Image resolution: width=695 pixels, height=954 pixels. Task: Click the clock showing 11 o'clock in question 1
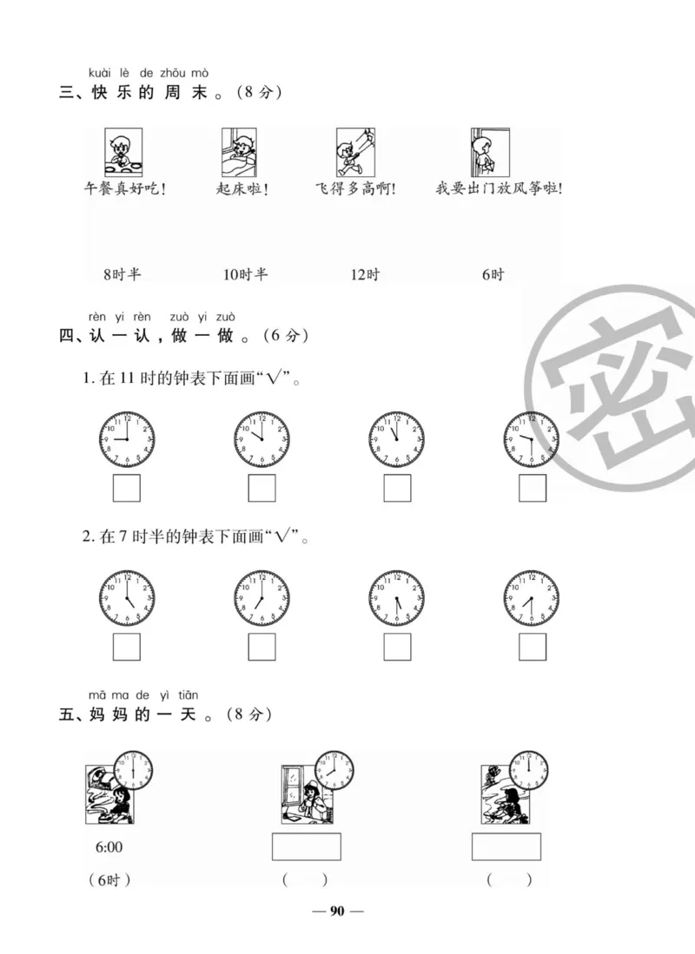click(397, 438)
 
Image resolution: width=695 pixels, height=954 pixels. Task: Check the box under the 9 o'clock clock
click(127, 488)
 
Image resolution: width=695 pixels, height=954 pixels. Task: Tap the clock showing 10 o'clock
click(261, 438)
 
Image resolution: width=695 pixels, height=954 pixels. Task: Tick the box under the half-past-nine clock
click(533, 488)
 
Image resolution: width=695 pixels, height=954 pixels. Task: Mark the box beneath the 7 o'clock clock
click(261, 647)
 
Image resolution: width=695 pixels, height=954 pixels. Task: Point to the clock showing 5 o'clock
click(127, 599)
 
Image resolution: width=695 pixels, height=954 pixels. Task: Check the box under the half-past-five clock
click(397, 647)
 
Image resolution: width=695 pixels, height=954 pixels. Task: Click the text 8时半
click(122, 275)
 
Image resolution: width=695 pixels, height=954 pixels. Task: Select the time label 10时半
click(246, 275)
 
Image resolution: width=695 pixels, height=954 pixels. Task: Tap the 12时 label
click(365, 275)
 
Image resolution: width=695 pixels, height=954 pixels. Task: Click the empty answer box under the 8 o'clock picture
click(307, 846)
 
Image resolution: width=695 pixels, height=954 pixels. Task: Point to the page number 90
click(338, 911)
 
